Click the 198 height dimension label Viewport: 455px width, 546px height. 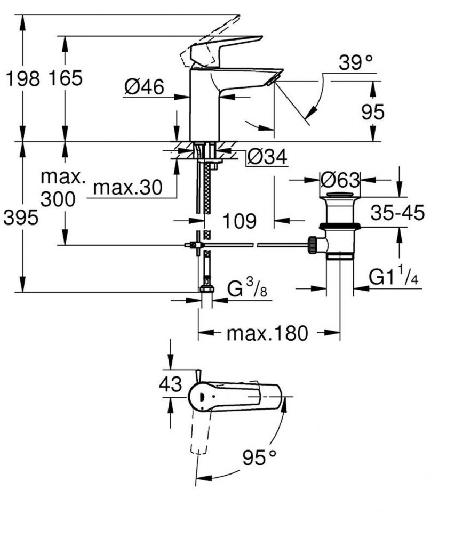pos(22,78)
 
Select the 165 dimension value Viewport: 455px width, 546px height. pos(66,78)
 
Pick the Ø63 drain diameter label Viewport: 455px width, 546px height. pos(340,179)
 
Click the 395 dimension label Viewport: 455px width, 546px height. pos(21,218)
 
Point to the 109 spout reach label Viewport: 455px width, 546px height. pos(240,220)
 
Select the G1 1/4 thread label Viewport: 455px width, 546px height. pos(394,278)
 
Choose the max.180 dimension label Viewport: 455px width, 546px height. pos(267,334)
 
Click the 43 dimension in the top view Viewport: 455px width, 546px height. pos(171,384)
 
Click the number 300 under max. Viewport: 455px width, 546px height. pos(58,199)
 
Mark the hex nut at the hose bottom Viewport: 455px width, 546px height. pos(206,290)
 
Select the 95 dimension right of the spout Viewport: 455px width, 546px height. pos(372,112)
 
